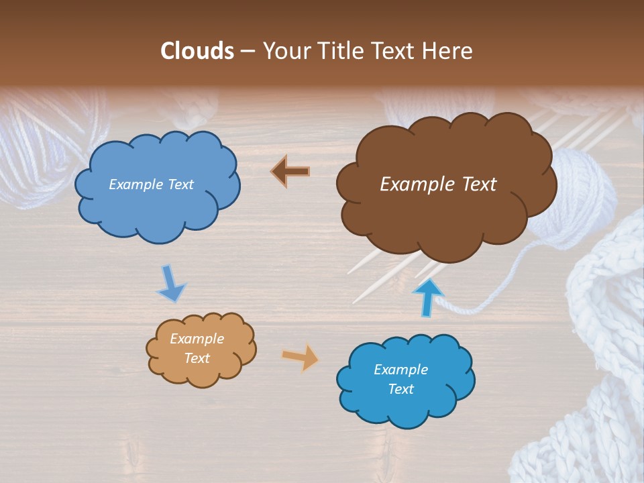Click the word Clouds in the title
[197, 51]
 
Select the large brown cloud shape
[443, 201]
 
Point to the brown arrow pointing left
[290, 172]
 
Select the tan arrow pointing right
[301, 357]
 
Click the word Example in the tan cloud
[197, 339]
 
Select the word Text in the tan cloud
[197, 358]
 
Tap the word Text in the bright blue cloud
[400, 389]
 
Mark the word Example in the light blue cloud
[134, 184]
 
